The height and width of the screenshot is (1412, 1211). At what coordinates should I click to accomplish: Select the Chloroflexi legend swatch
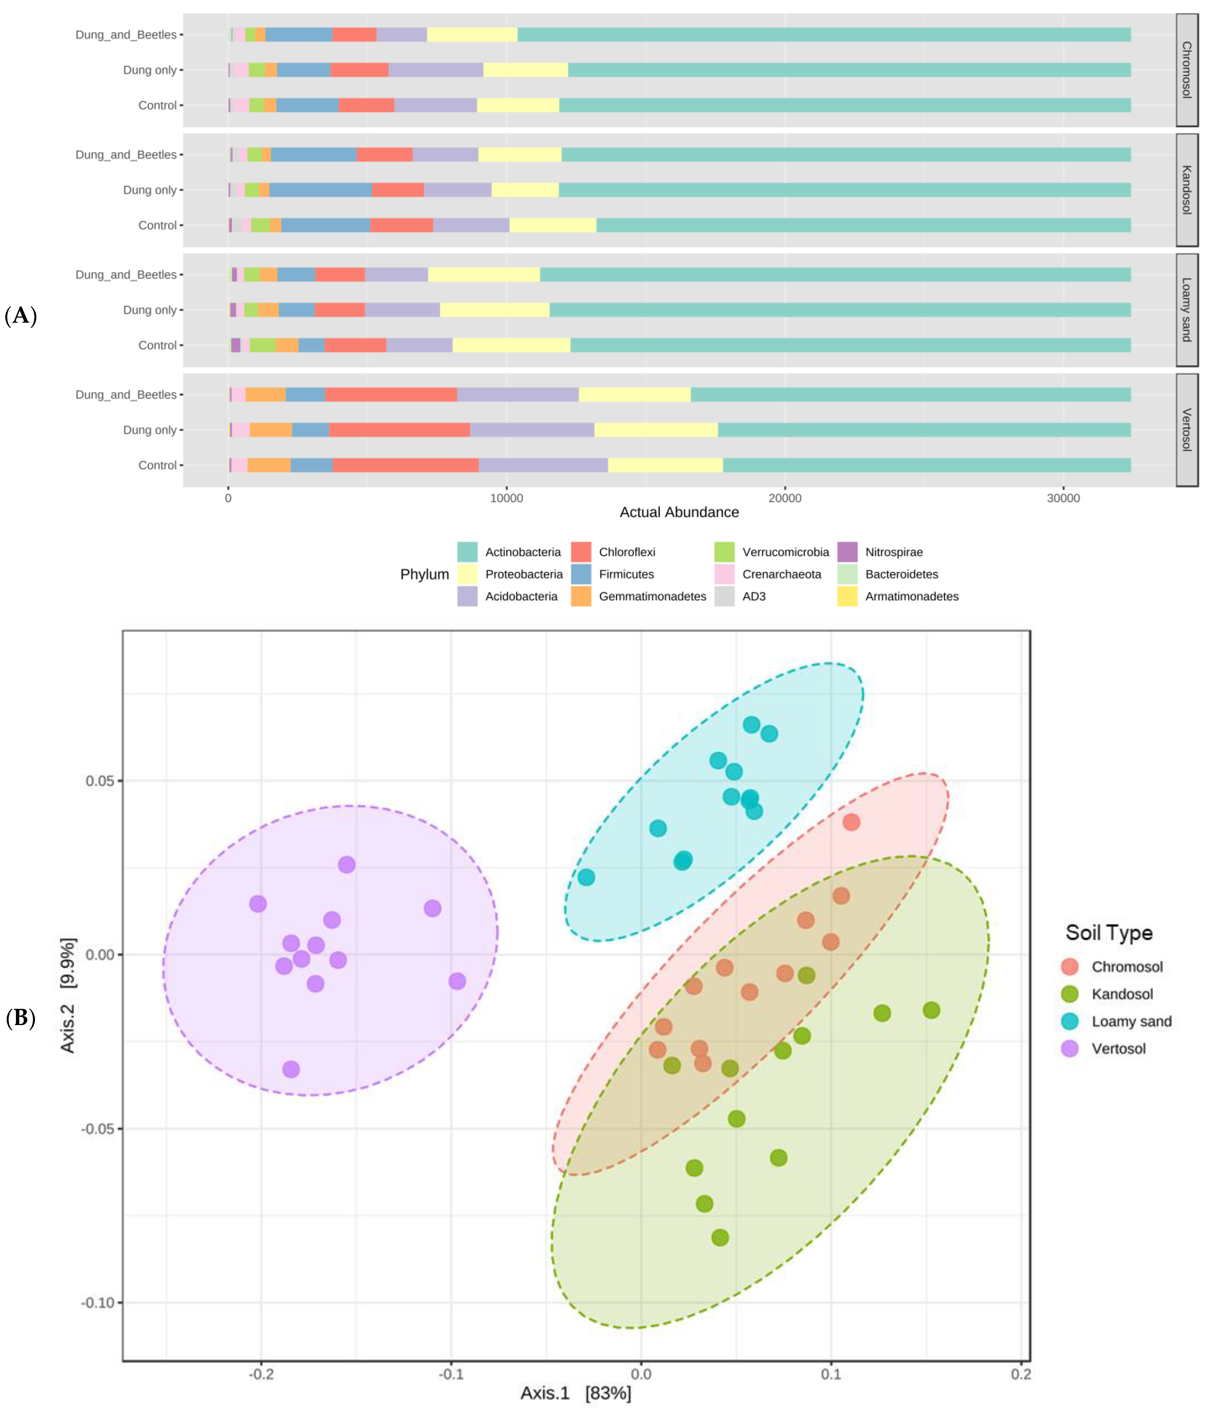pos(581,552)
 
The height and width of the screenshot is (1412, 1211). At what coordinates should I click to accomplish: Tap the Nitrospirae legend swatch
pos(847,552)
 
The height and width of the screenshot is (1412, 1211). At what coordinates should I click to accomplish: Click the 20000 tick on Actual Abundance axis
pos(785,498)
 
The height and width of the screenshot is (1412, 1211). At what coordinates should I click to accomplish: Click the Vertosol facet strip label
pos(1186,430)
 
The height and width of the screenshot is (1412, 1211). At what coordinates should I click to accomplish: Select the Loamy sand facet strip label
pos(1186,310)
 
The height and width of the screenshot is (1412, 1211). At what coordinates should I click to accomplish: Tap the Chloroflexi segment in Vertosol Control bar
pos(405,465)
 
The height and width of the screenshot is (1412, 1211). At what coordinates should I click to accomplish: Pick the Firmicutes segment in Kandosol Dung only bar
pos(320,190)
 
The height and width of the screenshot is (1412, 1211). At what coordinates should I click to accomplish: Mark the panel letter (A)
pos(20,315)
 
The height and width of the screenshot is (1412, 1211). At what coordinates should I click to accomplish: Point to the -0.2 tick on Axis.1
pos(261,1374)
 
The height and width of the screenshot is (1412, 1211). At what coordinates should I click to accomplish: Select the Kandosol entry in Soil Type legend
pos(1122,994)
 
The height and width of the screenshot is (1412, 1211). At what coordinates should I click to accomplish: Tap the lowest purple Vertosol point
pos(291,1069)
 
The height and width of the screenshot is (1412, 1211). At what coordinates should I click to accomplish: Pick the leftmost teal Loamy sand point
pos(586,877)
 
